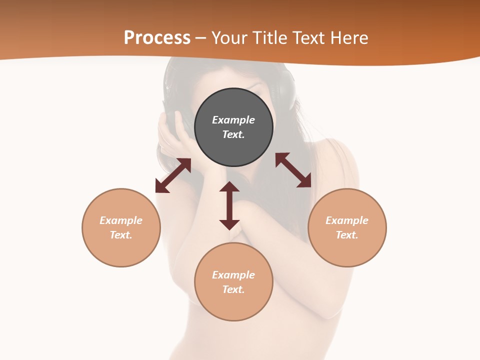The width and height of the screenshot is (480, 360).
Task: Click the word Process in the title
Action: pyautogui.click(x=157, y=38)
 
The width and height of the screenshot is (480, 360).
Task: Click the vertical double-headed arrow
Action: pyautogui.click(x=229, y=205)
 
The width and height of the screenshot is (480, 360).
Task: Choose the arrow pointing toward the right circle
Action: pyautogui.click(x=293, y=170)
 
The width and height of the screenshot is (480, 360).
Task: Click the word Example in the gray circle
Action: pyautogui.click(x=233, y=120)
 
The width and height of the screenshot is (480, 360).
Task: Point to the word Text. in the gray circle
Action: pyautogui.click(x=233, y=134)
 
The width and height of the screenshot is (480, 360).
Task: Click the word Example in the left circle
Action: pyautogui.click(x=121, y=220)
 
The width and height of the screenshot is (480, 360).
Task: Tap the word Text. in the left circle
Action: pyautogui.click(x=121, y=235)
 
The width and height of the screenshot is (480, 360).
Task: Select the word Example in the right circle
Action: pyautogui.click(x=347, y=220)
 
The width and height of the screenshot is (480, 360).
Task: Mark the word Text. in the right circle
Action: pyautogui.click(x=347, y=235)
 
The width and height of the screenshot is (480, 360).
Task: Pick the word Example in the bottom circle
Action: pyautogui.click(x=233, y=275)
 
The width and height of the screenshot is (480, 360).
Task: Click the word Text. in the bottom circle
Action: pyautogui.click(x=233, y=289)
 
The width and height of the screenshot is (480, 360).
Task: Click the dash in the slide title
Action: pyautogui.click(x=201, y=38)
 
